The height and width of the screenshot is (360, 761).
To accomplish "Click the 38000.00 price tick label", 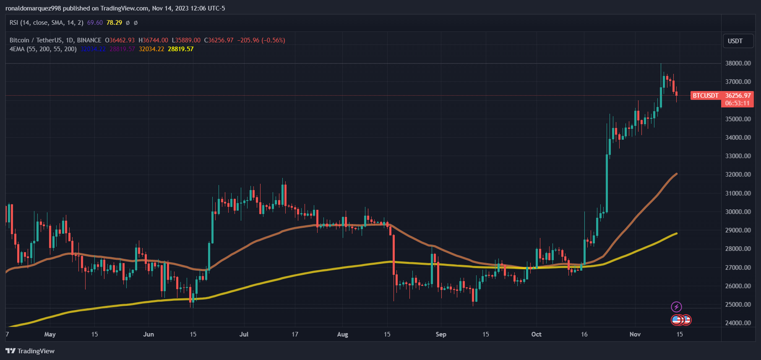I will (738, 63).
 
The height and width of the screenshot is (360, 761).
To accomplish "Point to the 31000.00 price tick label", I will (738, 193).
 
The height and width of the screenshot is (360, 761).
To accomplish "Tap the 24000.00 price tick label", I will (738, 323).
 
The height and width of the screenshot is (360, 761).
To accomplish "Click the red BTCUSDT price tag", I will (705, 96).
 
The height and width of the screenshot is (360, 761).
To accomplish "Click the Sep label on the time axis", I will (441, 334).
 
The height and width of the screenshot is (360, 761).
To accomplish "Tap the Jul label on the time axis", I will (244, 334).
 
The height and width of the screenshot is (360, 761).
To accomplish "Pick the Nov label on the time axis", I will (635, 334).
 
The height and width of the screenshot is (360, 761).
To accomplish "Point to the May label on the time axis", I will (50, 334).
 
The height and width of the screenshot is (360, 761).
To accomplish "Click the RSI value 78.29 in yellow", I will (114, 23).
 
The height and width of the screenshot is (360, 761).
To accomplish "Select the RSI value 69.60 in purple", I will (95, 23).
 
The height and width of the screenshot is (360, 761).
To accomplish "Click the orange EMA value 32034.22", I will (151, 49).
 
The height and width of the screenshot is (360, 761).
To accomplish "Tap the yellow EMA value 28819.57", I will (180, 49).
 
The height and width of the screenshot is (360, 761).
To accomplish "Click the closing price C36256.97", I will (219, 40).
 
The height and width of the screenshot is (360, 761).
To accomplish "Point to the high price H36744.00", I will (153, 40).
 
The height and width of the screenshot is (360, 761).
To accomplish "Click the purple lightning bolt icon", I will (676, 307).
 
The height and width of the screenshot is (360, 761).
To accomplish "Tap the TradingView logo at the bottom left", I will (30, 351).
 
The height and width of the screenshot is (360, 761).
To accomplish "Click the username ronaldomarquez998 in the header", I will (33, 8).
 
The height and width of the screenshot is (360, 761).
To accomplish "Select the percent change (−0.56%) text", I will (273, 40).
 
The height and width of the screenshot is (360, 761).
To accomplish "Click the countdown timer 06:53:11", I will (737, 103).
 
